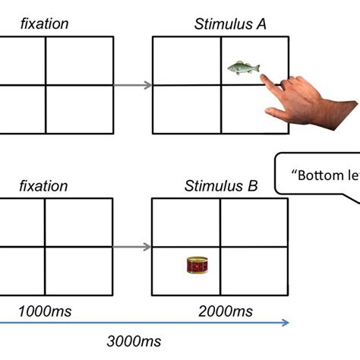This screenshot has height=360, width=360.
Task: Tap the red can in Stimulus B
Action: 197,265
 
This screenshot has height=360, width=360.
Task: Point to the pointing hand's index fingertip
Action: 260,76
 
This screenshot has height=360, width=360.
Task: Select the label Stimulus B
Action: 220,186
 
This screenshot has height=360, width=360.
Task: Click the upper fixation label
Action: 44,24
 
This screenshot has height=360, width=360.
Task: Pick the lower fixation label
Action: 44,186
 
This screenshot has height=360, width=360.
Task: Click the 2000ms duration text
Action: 226,311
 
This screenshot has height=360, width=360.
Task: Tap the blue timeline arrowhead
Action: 286,322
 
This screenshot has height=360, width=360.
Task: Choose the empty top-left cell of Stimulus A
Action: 186,61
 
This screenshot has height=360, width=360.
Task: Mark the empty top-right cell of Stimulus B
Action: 254,223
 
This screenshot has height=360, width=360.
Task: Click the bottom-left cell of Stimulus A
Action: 186,109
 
